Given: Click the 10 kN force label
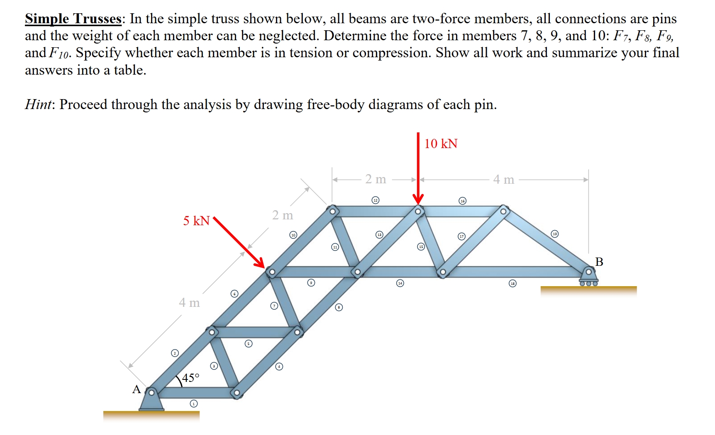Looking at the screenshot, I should point(440,143).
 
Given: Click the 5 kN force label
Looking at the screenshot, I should point(196,221).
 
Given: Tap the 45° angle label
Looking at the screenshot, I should point(190,378).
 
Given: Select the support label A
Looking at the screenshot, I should point(137,389).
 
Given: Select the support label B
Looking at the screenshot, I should point(599,262).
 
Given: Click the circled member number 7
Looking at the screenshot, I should point(274,306).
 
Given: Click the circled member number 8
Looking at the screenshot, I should point(339,307).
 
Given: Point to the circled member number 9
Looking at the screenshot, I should point(311,283).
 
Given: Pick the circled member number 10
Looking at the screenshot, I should point(293,235).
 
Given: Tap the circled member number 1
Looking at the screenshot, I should point(193,403).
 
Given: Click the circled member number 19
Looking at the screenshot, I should point(555,234).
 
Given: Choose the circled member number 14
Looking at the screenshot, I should point(400,283).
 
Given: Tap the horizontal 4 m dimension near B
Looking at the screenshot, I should point(503,180).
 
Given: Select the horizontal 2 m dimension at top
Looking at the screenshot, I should point(376,179).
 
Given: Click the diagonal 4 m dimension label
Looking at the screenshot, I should point(189,303).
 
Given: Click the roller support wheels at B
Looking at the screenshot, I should point(588,284).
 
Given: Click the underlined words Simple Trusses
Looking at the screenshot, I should point(73,19).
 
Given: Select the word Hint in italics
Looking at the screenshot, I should point(38,104).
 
